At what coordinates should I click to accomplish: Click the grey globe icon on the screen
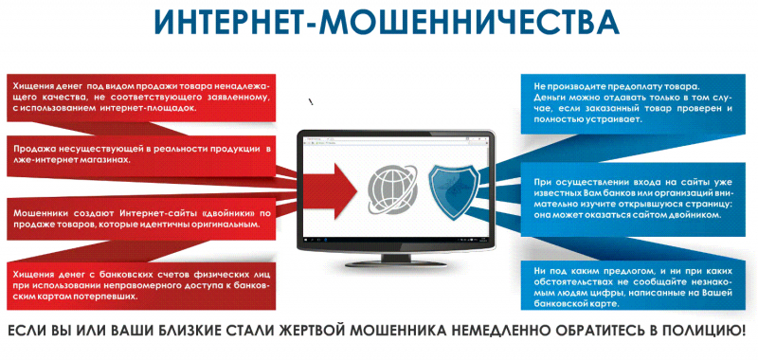pos(391,189)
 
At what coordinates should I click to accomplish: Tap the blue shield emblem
pos(454,190)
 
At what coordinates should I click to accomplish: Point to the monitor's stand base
pos(396,262)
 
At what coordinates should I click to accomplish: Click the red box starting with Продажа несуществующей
pos(141,154)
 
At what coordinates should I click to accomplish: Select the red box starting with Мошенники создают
pos(141,219)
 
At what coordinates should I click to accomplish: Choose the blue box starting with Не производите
pos(632,103)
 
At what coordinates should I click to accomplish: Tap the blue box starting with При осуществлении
pos(633,198)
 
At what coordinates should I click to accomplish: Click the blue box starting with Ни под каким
pos(633,287)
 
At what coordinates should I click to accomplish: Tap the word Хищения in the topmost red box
pos(30,87)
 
